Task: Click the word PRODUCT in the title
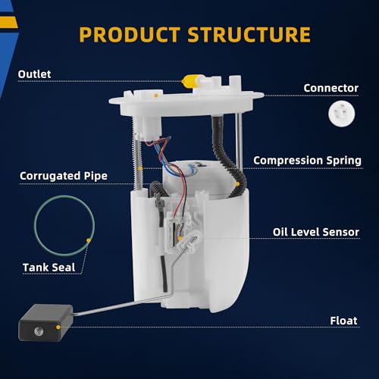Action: pyautogui.click(x=130, y=34)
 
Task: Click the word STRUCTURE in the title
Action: pyautogui.click(x=249, y=34)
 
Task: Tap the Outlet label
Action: pyautogui.click(x=34, y=74)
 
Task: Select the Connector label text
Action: pyautogui.click(x=331, y=88)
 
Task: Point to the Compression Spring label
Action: pyautogui.click(x=308, y=161)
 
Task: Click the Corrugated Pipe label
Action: pyautogui.click(x=64, y=176)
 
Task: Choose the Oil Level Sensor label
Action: pyautogui.click(x=316, y=232)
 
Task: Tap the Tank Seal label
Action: pyautogui.click(x=49, y=268)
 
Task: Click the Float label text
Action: pyautogui.click(x=343, y=321)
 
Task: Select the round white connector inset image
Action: pyautogui.click(x=342, y=113)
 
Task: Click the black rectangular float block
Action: pyautogui.click(x=45, y=323)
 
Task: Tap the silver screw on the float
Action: pyautogui.click(x=39, y=330)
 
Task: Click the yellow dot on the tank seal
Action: pyautogui.click(x=89, y=240)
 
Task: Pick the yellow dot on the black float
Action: pyautogui.click(x=58, y=327)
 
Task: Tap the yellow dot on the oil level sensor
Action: pyautogui.click(x=180, y=238)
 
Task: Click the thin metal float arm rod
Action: pyautogui.click(x=121, y=305)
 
